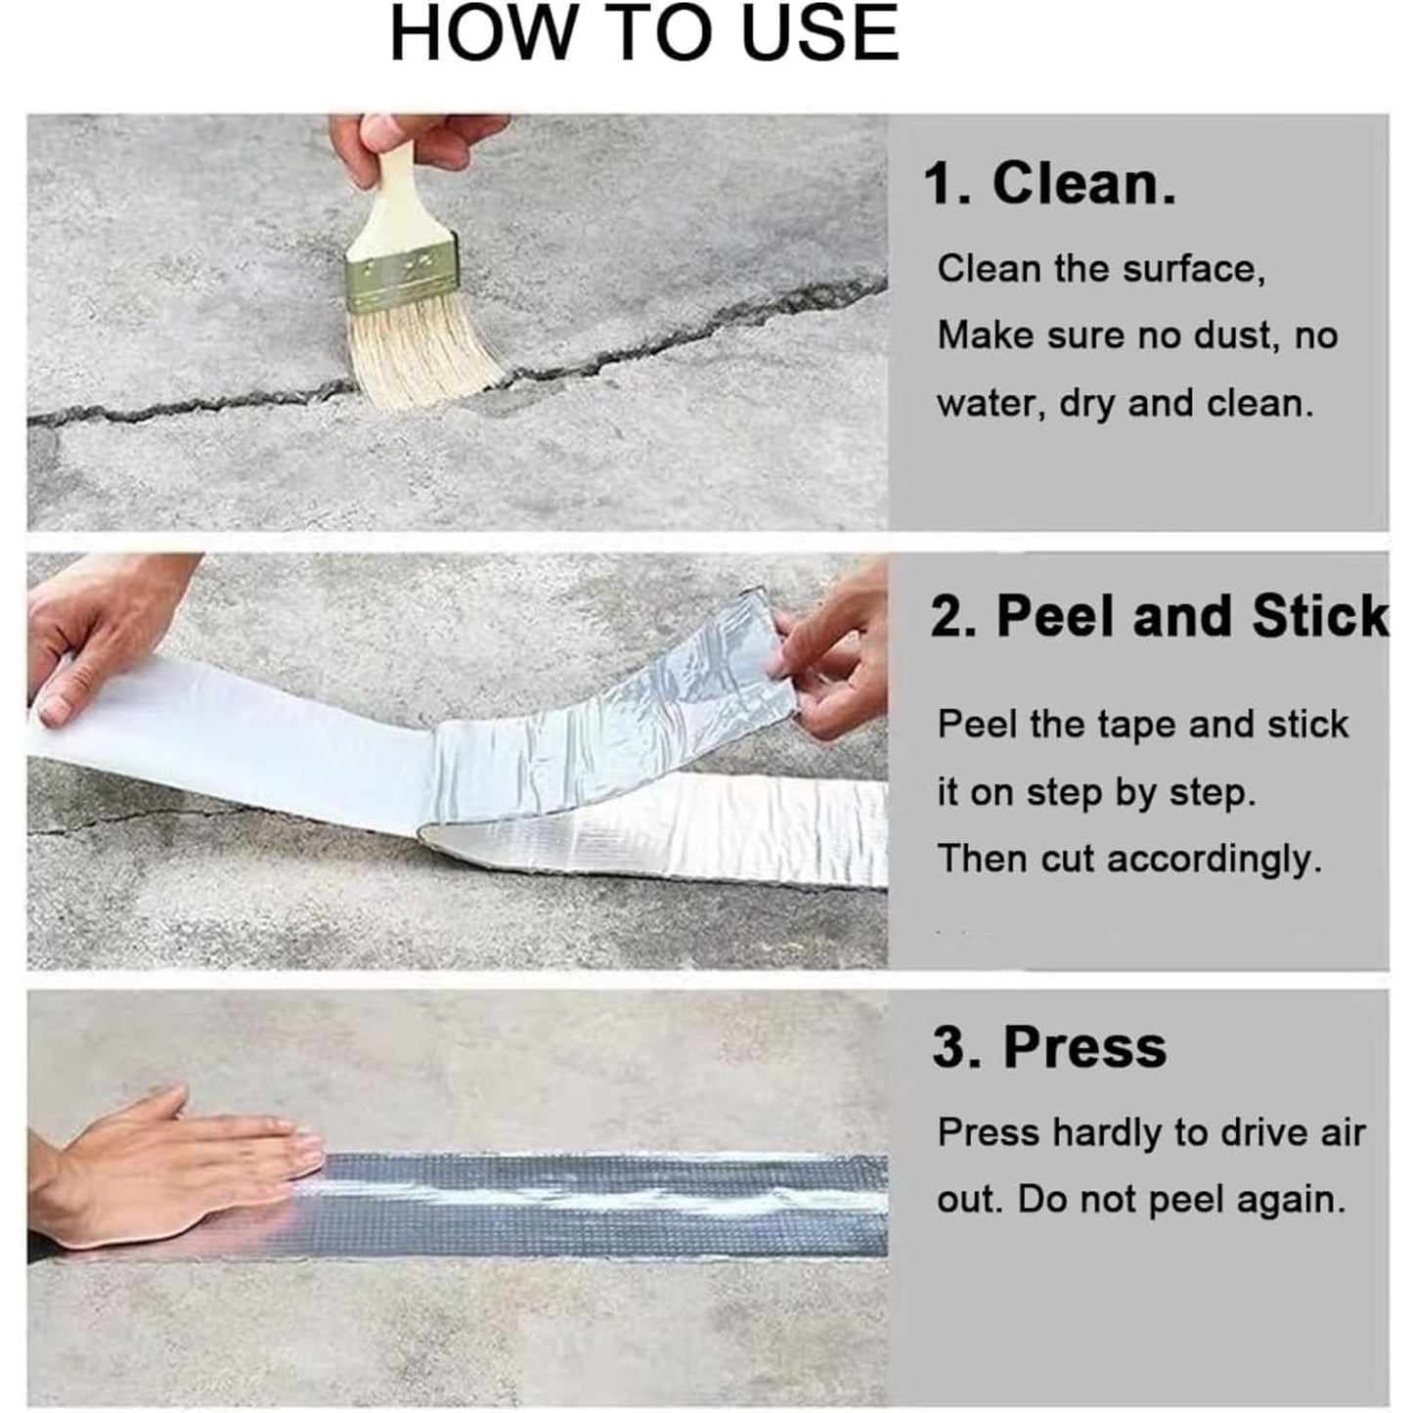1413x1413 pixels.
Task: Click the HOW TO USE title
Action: pos(644,34)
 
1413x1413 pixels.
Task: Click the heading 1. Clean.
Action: pos(1050,183)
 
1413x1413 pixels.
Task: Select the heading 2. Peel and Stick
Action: pos(1159,616)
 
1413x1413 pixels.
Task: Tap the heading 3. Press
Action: pos(1049,1046)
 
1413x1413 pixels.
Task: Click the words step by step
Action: pos(1140,792)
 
